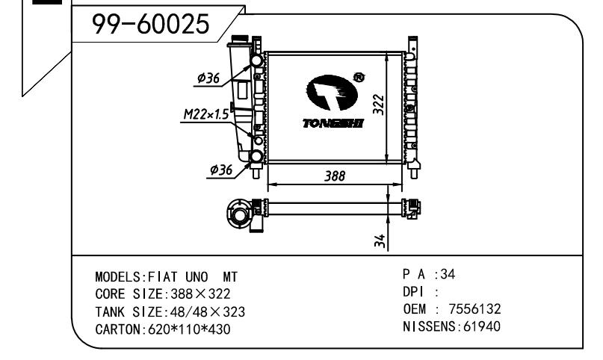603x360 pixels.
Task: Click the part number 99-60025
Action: pos(150,24)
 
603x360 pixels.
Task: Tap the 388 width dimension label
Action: pos(335,176)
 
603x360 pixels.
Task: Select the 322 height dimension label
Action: pos(379,104)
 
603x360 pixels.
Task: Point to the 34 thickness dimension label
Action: pos(380,240)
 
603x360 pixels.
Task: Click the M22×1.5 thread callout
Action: pos(206,114)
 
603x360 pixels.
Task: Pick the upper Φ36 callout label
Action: pos(208,78)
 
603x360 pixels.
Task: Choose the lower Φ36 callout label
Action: pos(221,169)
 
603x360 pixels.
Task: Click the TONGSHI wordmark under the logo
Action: pos(333,123)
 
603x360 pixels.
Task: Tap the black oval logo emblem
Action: pos(333,93)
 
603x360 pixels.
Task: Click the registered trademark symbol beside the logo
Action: pos(359,78)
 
